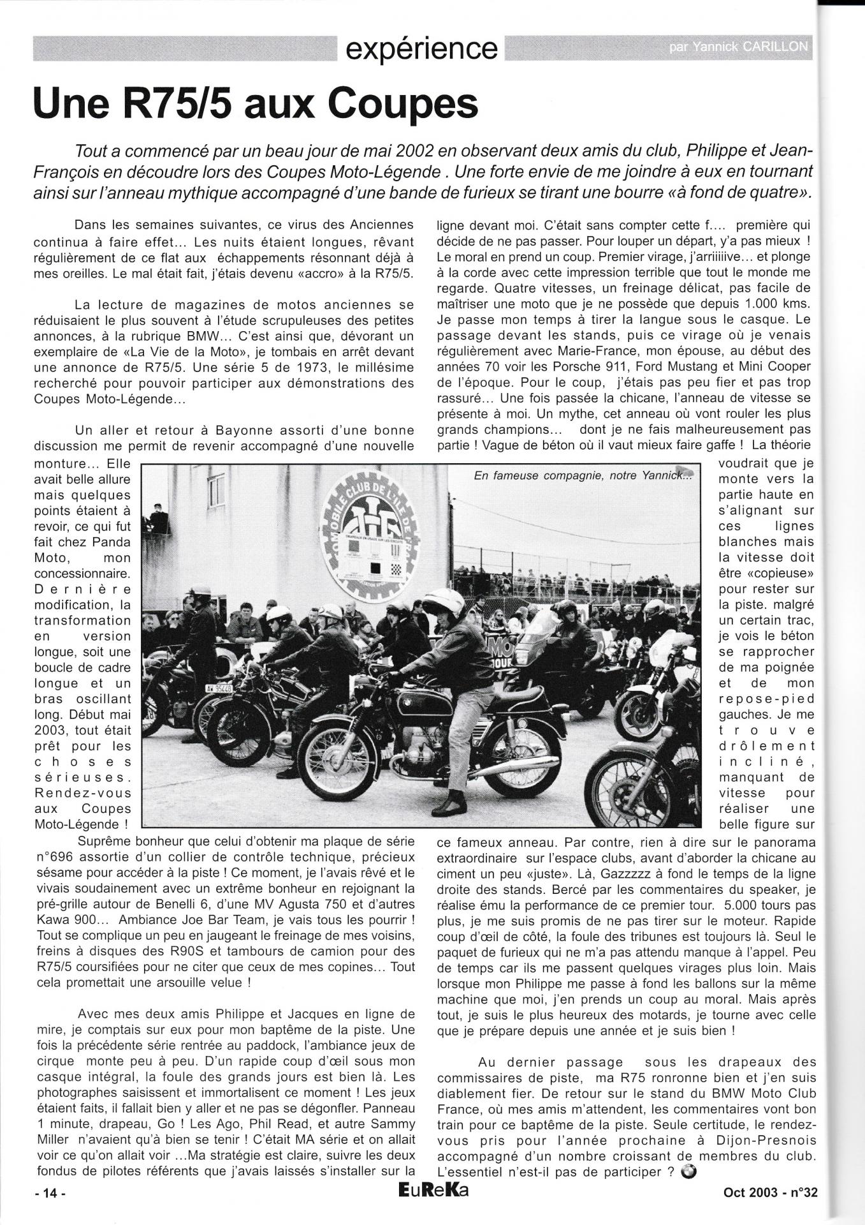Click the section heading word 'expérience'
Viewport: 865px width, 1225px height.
421,48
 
